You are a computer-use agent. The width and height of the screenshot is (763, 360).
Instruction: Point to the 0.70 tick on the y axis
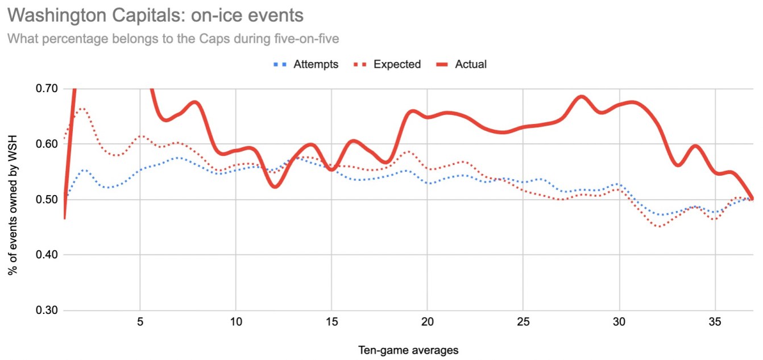[48, 89]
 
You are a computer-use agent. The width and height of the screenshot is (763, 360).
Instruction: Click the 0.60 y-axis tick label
[48, 144]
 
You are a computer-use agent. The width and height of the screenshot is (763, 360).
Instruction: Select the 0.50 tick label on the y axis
[48, 200]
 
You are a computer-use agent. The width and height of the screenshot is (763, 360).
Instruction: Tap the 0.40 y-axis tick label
[48, 255]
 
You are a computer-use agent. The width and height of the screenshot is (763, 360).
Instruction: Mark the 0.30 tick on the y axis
[48, 311]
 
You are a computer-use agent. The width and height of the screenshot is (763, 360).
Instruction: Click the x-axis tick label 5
[140, 322]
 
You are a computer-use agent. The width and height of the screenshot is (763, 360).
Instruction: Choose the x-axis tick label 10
[236, 322]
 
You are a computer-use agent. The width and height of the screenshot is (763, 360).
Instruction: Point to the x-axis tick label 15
[332, 322]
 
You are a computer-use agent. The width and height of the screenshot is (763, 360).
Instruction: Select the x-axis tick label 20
[428, 322]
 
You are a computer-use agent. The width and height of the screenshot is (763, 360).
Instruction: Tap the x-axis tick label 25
[524, 322]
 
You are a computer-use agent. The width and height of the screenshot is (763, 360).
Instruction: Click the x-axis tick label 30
[620, 322]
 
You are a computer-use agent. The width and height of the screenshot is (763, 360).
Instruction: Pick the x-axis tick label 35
[715, 322]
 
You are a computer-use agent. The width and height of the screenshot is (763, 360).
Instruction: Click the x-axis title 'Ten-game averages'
[408, 350]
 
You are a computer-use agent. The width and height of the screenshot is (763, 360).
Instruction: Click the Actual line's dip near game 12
[275, 186]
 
